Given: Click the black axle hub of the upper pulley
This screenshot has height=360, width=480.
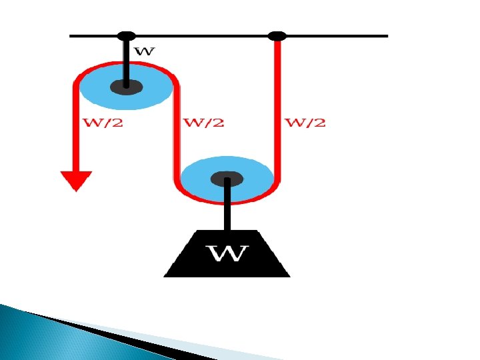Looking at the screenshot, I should pos(125,86).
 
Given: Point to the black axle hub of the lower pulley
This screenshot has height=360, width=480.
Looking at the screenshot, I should pos(227,178).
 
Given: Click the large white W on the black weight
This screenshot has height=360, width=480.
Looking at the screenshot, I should pos(229,254).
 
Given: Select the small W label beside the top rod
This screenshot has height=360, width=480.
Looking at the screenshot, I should pos(145,51).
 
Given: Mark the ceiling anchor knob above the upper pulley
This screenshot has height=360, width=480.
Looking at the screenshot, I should pos(125,36).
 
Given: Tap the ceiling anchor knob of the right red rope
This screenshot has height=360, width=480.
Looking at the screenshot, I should pos(277,36).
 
